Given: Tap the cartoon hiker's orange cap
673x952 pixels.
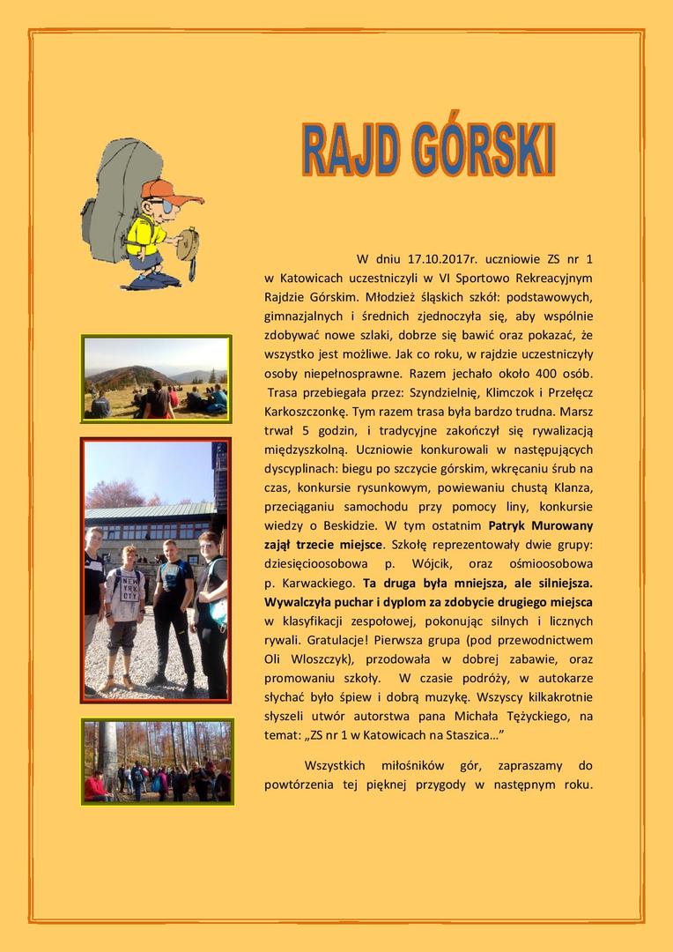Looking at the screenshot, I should point(163,190).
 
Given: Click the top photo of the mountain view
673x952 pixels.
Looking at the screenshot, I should point(156,377).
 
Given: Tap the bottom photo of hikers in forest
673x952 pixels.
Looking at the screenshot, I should point(157,761).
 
